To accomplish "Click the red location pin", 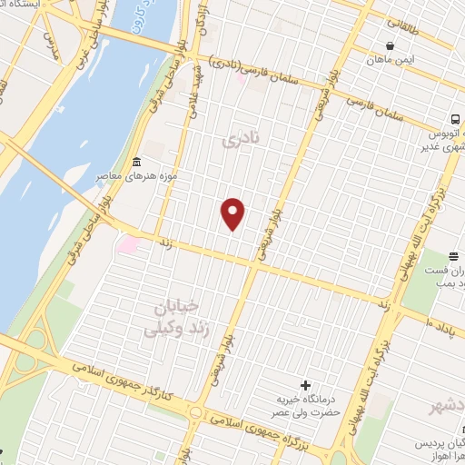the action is click(233, 213).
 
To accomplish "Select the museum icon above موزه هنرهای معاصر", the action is click(135, 160).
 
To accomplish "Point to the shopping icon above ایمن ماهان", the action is click(390, 45).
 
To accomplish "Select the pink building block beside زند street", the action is click(129, 244).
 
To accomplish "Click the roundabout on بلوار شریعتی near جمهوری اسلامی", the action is click(195, 414).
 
